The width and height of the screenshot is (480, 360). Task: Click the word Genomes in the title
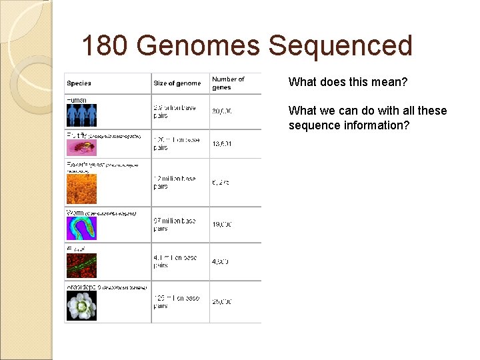point(197,46)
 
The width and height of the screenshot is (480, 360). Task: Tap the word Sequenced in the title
point(341,46)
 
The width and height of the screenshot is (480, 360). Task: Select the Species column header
point(79,83)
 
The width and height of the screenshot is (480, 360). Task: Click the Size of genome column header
point(177,83)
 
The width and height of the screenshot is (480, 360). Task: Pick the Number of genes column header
point(228,83)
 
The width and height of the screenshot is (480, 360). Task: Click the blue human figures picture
point(81,115)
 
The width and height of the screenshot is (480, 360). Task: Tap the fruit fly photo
point(81,146)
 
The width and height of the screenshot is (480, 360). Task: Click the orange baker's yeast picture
point(81,189)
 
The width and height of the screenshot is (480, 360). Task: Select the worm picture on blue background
point(81,228)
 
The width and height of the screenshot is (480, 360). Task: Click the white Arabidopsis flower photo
point(81,306)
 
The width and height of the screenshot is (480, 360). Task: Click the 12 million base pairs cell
point(175,183)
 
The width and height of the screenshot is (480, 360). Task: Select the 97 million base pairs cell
point(175,225)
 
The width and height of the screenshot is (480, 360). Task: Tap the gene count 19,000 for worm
point(222,225)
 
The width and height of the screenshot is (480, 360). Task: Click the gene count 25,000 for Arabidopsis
point(222,302)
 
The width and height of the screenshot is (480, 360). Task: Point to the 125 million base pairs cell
point(176,302)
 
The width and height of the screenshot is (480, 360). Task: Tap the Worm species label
point(75,213)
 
